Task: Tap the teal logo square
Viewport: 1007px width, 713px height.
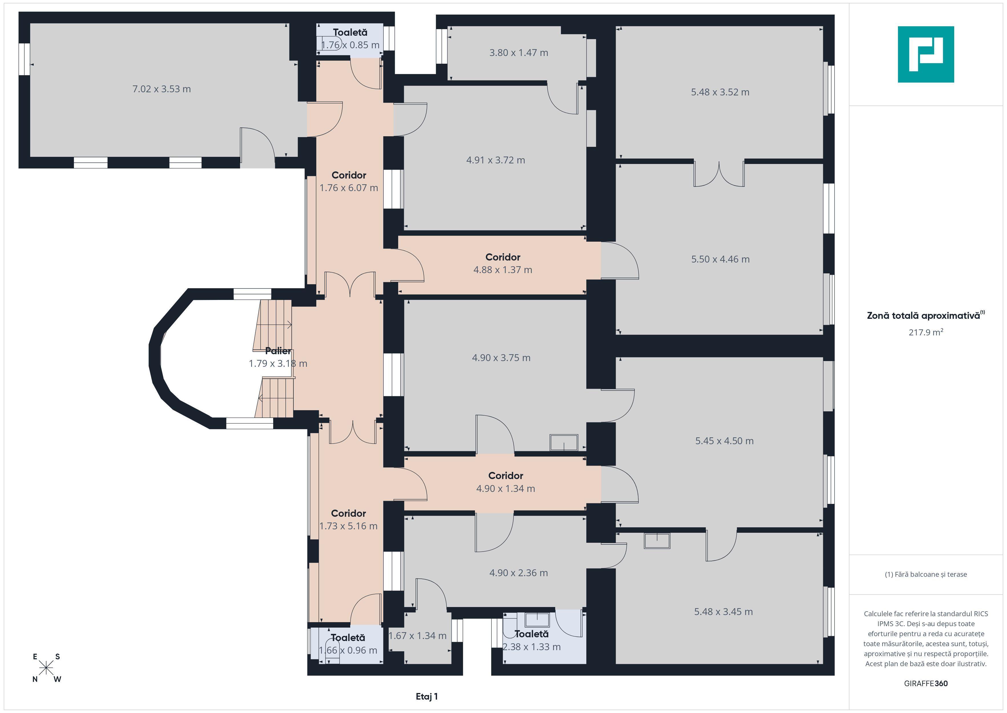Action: pyautogui.click(x=926, y=55)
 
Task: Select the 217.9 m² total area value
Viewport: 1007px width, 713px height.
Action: pyautogui.click(x=926, y=332)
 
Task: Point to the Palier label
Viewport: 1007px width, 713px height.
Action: pyautogui.click(x=278, y=351)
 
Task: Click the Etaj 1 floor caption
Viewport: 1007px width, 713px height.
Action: pyautogui.click(x=427, y=696)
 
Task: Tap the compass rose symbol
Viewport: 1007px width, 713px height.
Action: pyautogui.click(x=46, y=668)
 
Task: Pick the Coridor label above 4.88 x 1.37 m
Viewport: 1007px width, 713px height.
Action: pyautogui.click(x=503, y=257)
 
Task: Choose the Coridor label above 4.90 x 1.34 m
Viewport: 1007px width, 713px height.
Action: pyautogui.click(x=506, y=476)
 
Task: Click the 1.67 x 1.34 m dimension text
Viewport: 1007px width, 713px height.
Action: pyautogui.click(x=418, y=636)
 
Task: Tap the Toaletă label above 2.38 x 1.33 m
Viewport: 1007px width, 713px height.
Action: pyautogui.click(x=531, y=634)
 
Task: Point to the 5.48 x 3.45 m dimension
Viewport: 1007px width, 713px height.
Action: pyautogui.click(x=724, y=612)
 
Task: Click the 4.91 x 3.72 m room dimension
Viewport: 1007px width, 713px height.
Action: pyautogui.click(x=496, y=160)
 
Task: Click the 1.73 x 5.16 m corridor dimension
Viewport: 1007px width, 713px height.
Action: pyautogui.click(x=348, y=526)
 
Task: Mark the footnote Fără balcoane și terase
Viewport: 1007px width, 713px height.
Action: pyautogui.click(x=926, y=574)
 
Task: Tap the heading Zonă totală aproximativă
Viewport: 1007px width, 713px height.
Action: pyautogui.click(x=926, y=315)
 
